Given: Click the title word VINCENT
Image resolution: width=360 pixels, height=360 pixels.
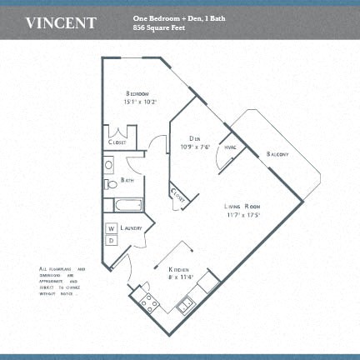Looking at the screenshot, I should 61,22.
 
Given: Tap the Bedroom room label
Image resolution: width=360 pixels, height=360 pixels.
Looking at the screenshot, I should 139,92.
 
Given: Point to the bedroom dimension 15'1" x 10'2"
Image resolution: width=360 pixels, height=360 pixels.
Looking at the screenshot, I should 140,102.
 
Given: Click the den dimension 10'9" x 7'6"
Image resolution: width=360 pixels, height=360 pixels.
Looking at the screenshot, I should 194,147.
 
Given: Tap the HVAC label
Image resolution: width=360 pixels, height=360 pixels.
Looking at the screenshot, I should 231,147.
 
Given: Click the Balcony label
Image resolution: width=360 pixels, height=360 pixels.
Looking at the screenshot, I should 278,154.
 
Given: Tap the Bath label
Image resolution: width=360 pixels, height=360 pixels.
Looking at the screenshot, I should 127,179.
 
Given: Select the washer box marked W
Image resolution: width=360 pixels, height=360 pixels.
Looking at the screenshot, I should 112,228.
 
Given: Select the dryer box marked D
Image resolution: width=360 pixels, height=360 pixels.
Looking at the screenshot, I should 112,240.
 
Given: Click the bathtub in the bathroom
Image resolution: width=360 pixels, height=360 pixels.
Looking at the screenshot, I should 129,204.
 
